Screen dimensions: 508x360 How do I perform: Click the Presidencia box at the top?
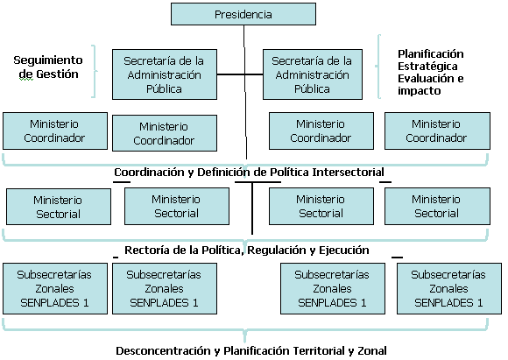pos(243,14)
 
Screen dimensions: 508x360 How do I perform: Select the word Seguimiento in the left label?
pos(48,60)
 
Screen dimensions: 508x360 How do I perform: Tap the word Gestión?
pos(57,74)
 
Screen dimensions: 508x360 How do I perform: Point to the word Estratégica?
pos(427,66)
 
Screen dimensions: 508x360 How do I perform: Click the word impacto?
pos(420,91)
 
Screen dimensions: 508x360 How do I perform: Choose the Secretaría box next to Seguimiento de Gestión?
pos(165,74)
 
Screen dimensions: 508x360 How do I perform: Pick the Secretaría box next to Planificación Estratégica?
pos(313,74)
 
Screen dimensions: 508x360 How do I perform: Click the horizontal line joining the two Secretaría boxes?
pos(240,74)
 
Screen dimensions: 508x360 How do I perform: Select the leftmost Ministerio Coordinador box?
pos(55,131)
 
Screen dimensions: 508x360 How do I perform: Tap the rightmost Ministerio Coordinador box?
pos(437,131)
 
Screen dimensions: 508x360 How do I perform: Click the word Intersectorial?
pos(348,172)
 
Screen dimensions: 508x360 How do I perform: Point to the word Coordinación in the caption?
pos(150,172)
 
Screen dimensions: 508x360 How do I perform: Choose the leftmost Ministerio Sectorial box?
pos(59,207)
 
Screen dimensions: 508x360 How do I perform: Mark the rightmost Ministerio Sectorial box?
pos(437,206)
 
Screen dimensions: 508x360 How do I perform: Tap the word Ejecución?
pos(344,251)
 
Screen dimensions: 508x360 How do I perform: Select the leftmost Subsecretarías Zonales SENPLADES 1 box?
pos(55,288)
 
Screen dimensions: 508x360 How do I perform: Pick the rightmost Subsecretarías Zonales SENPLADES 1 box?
pos(449,288)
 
